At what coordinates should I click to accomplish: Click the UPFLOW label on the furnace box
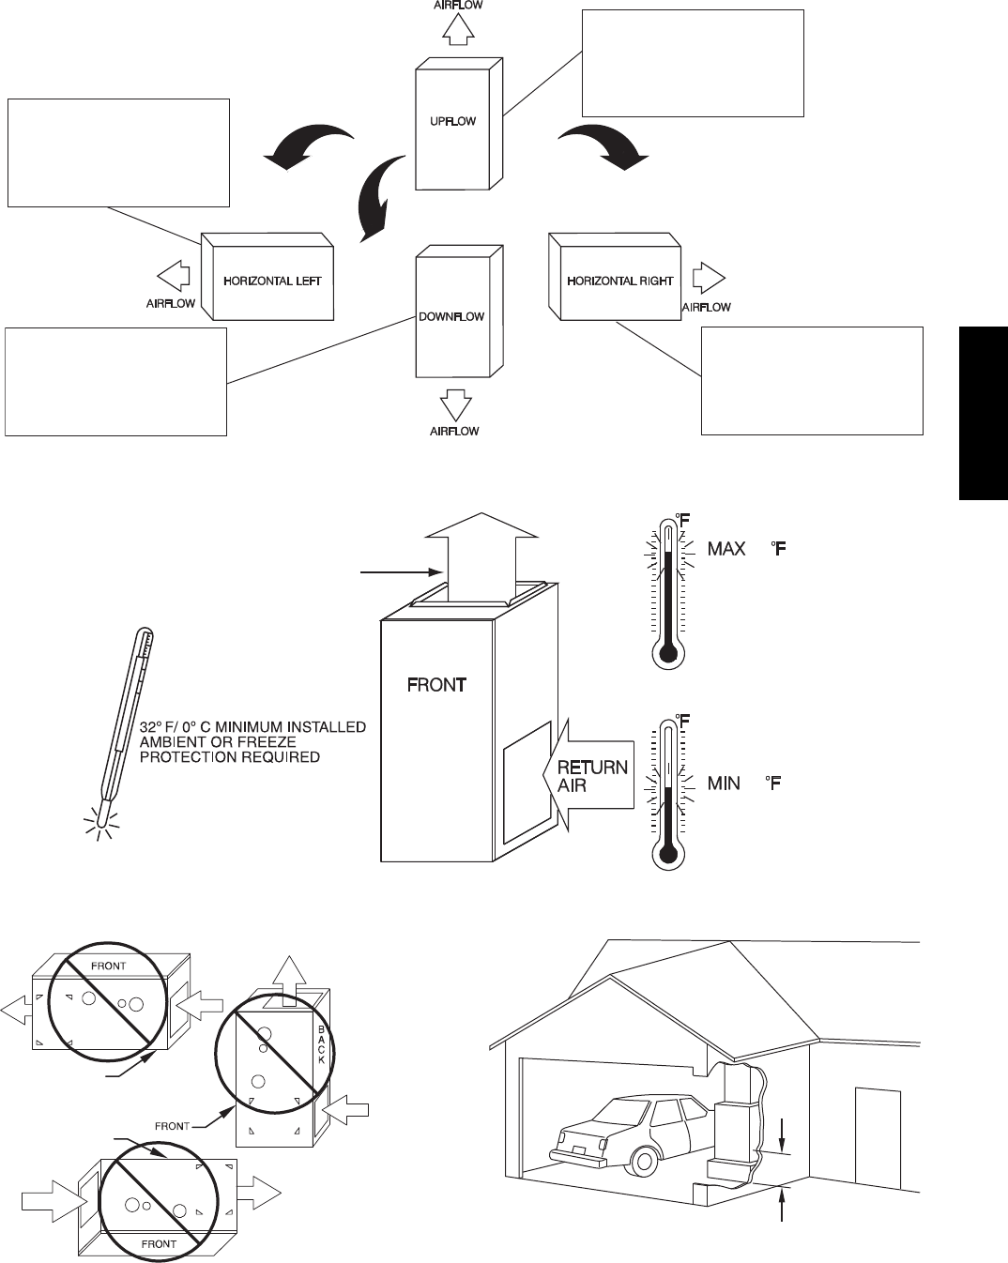click(452, 121)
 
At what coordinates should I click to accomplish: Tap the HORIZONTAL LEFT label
click(272, 282)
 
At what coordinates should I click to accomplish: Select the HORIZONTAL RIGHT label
click(620, 282)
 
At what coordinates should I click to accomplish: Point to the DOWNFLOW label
click(451, 317)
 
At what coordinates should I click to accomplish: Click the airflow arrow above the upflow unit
click(458, 29)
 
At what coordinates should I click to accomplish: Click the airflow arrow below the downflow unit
click(456, 405)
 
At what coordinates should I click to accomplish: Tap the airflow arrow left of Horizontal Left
click(174, 276)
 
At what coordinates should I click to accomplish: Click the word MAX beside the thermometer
click(726, 549)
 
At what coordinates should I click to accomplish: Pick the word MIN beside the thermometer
click(724, 783)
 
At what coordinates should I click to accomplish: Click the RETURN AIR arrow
click(588, 775)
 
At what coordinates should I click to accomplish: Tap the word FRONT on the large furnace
click(436, 685)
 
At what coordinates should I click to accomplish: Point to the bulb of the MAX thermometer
click(668, 653)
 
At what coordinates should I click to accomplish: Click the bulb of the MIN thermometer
click(668, 854)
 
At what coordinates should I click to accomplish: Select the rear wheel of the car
click(644, 1161)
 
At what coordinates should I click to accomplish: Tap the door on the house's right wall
click(878, 1139)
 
